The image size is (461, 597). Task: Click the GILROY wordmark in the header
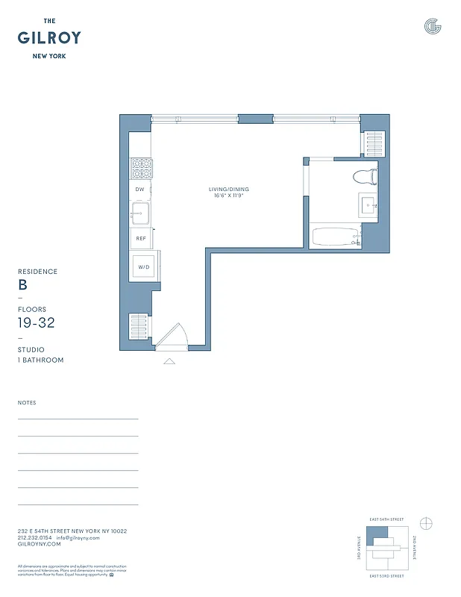pyautogui.click(x=49, y=38)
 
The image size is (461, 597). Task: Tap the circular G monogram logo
pyautogui.click(x=432, y=27)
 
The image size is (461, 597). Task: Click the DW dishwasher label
pyautogui.click(x=139, y=190)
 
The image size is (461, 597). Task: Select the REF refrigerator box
pyautogui.click(x=139, y=239)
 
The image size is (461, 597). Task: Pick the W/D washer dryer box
pyautogui.click(x=143, y=266)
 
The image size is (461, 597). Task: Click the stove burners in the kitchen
pyautogui.click(x=141, y=169)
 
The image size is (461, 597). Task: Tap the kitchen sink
pyautogui.click(x=140, y=214)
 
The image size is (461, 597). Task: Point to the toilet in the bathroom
pyautogui.click(x=365, y=177)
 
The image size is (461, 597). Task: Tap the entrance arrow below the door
pyautogui.click(x=169, y=361)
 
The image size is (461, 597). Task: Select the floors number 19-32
pyautogui.click(x=36, y=323)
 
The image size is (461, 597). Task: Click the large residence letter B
pyautogui.click(x=22, y=285)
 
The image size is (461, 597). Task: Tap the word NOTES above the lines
pyautogui.click(x=27, y=403)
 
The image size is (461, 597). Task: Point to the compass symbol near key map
pyautogui.click(x=427, y=522)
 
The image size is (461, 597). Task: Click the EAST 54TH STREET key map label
pyautogui.click(x=386, y=519)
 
